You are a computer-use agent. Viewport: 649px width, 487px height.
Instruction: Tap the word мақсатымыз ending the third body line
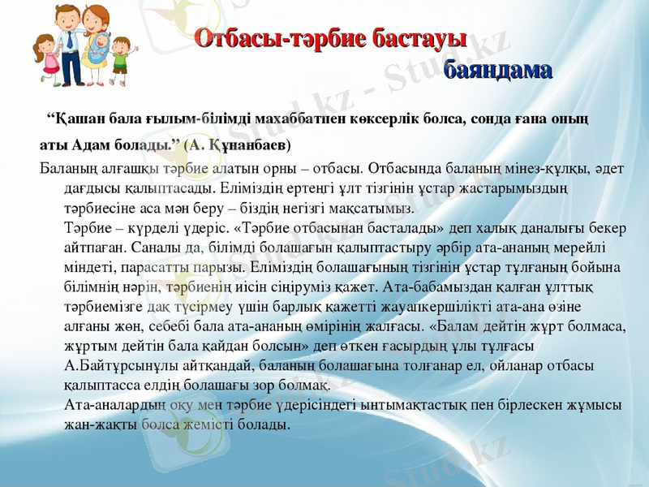[311, 207]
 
